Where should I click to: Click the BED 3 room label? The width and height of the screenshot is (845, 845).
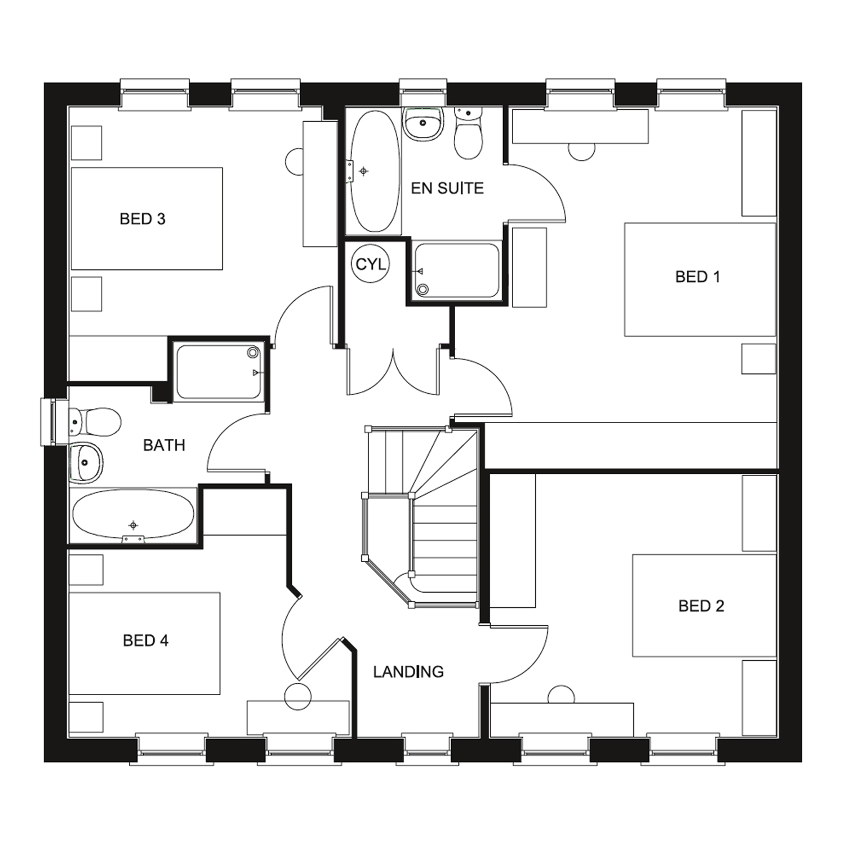point(143,219)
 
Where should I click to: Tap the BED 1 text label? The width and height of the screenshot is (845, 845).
point(697,277)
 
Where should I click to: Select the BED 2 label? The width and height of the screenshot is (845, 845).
point(701,606)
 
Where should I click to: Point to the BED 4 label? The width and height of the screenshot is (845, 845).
point(145,641)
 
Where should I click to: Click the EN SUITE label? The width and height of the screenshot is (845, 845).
point(447,188)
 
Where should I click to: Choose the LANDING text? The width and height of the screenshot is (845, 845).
point(408,671)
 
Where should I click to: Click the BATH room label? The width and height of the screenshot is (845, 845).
point(164,446)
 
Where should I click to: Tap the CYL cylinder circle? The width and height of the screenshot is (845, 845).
point(371,264)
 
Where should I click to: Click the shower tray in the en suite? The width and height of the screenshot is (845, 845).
point(457,270)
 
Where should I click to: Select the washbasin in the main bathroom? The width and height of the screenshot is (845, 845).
point(86,462)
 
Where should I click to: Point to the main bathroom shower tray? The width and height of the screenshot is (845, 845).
point(218,372)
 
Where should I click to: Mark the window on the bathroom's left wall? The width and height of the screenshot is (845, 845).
point(50,422)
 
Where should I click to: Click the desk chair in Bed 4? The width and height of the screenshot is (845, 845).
point(297,696)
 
